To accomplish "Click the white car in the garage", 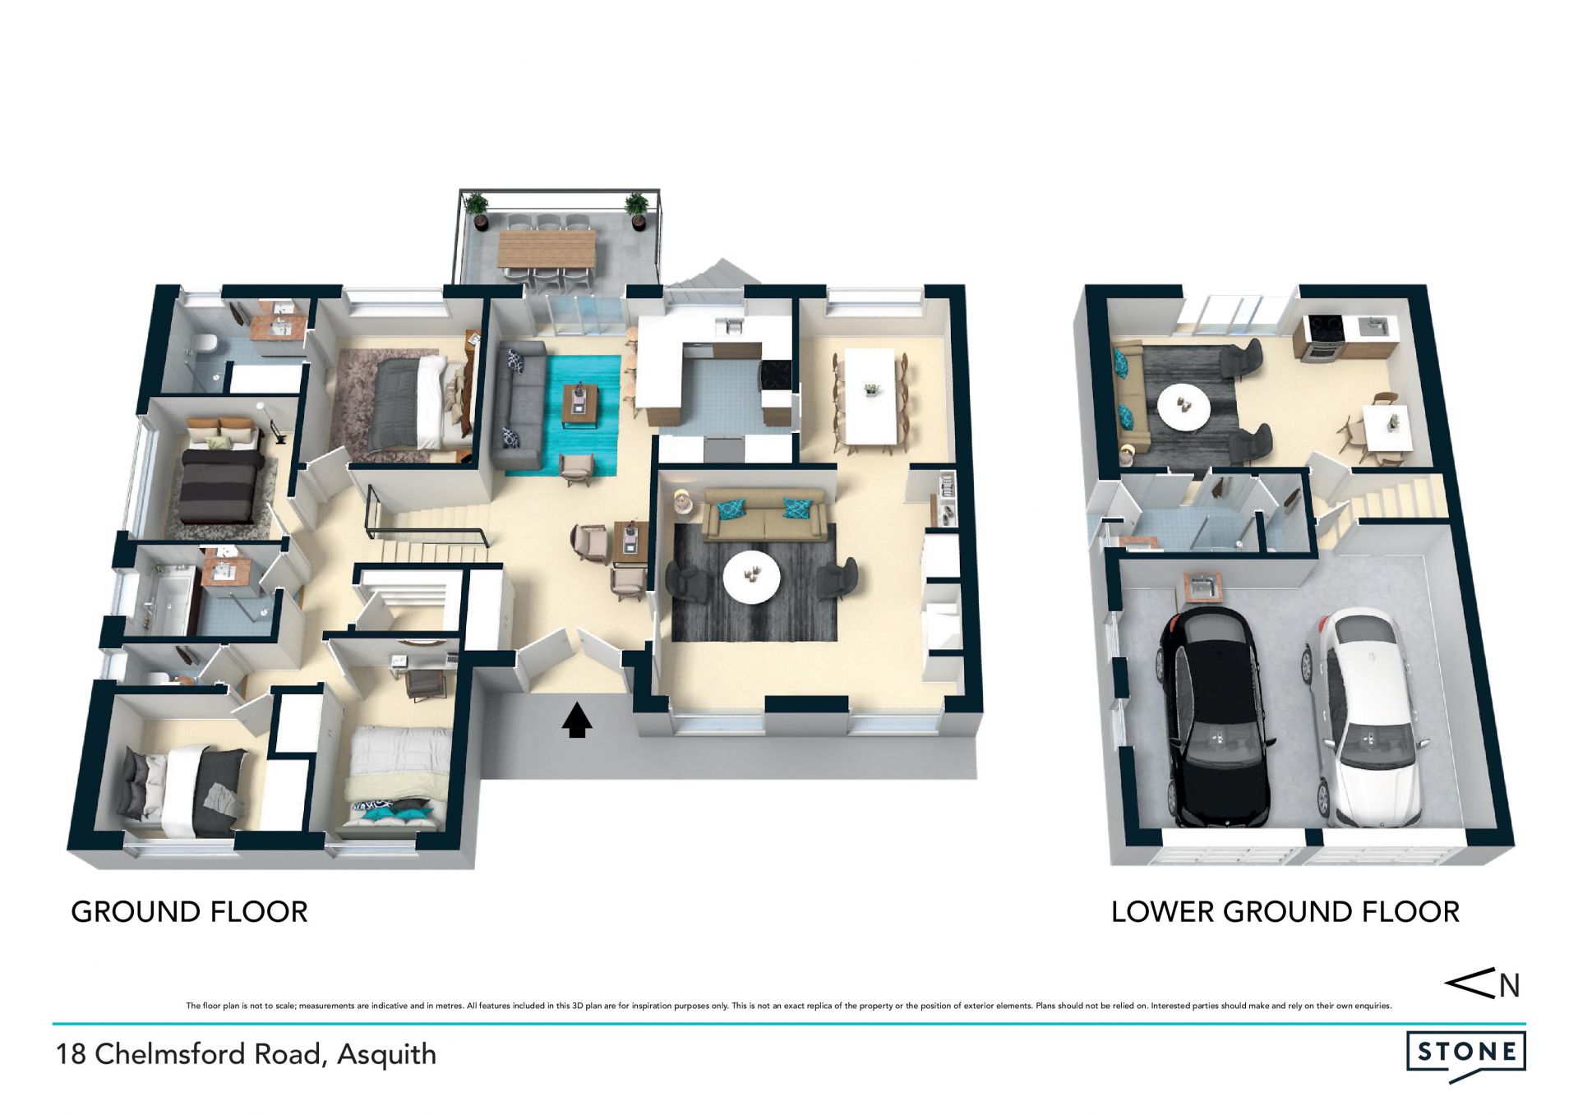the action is pyautogui.click(x=1364, y=717).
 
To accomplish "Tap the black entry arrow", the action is pyautogui.click(x=577, y=720).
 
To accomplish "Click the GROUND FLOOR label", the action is pyautogui.click(x=190, y=912).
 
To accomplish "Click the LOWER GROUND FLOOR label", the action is pyautogui.click(x=1285, y=912).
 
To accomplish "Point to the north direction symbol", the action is pyautogui.click(x=1482, y=984).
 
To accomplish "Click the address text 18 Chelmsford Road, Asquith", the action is pyautogui.click(x=246, y=1054).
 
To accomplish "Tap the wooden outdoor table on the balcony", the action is pyautogui.click(x=547, y=248).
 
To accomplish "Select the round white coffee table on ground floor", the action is pyautogui.click(x=751, y=576).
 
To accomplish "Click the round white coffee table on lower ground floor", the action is pyautogui.click(x=1183, y=406).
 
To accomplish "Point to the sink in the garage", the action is pyautogui.click(x=1204, y=587).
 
